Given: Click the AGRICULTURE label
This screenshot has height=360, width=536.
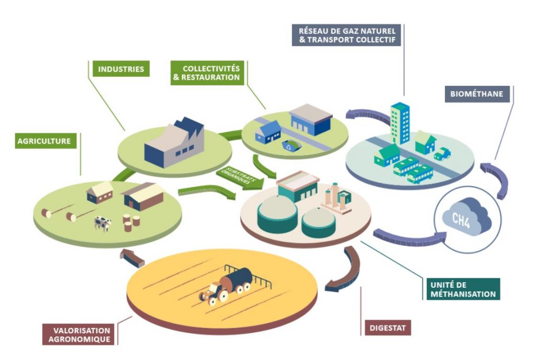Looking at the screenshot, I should (x=43, y=140).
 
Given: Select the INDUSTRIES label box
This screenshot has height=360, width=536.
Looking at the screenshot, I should (x=120, y=69).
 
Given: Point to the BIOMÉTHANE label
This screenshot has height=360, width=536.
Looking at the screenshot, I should (x=476, y=94).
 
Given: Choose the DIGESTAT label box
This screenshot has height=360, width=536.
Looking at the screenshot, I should (x=387, y=329).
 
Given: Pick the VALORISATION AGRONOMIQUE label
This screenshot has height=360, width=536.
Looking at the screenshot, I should (x=79, y=335).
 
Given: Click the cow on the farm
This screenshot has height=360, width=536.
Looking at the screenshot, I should (x=103, y=224).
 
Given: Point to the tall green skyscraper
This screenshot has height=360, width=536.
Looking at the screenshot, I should (x=400, y=123).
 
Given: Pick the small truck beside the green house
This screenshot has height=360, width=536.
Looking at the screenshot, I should (x=442, y=153).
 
